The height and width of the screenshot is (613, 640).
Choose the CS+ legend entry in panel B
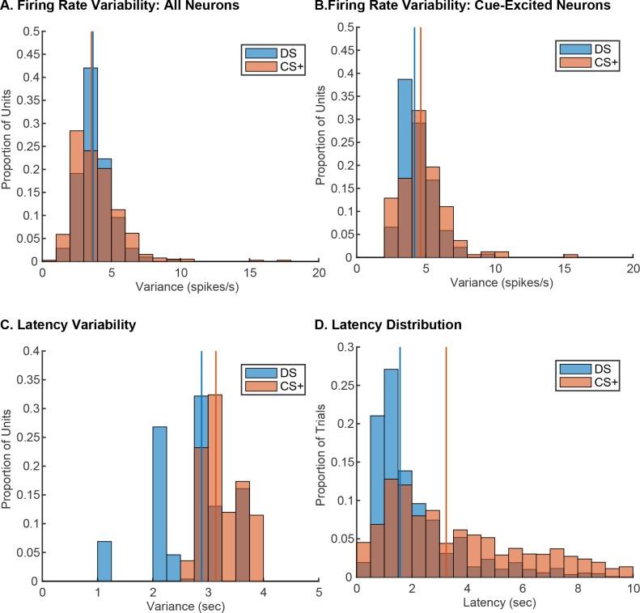[x=583, y=61]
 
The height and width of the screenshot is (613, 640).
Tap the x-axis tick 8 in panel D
[x=578, y=591]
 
